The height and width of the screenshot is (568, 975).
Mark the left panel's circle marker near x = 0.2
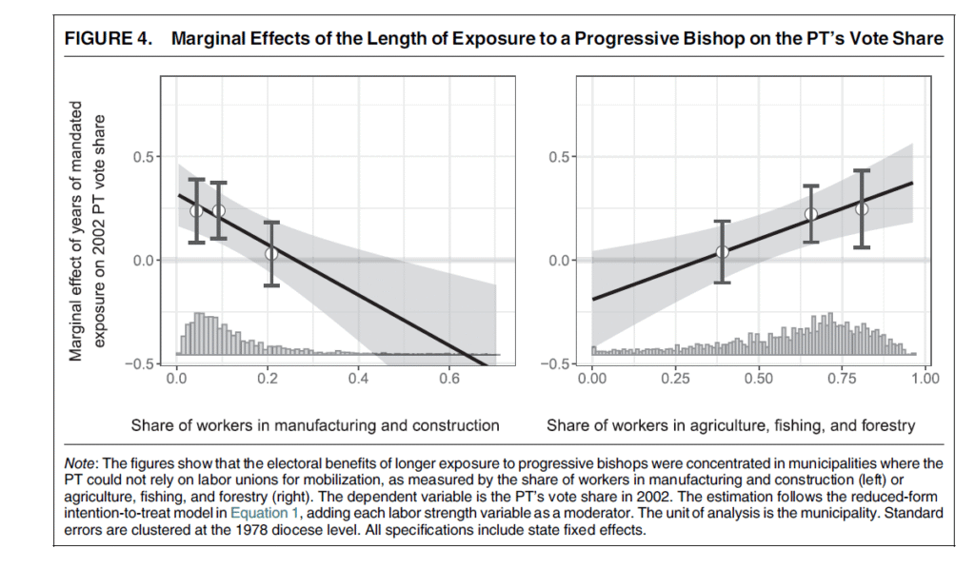coord(271,253)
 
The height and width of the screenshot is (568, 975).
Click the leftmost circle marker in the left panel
coord(196,210)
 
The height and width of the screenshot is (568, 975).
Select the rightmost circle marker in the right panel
coord(862,208)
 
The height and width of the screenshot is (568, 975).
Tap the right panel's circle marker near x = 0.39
coord(722,251)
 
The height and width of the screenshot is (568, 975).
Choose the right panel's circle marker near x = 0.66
coord(811,214)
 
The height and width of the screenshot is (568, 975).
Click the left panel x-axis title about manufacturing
coord(315,425)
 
